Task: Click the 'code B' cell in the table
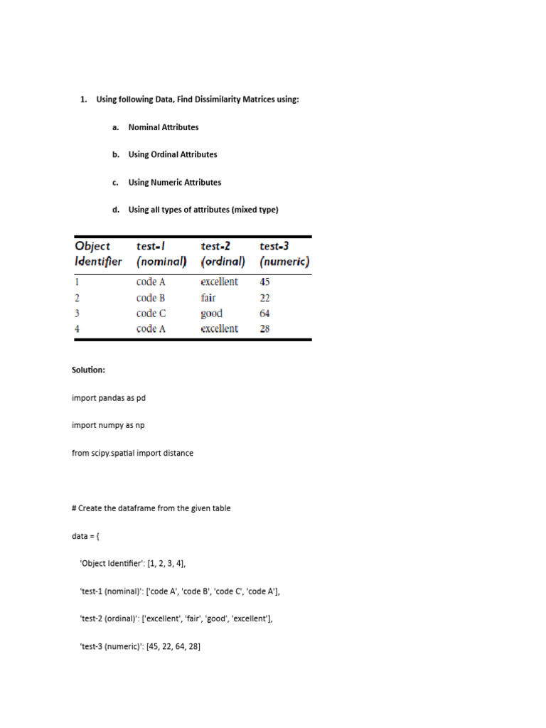[x=151, y=298]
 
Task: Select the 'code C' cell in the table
[x=151, y=314]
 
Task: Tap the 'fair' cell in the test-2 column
[x=208, y=298]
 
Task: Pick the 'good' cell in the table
[x=211, y=314]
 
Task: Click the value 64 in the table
[x=264, y=314]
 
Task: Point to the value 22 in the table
[x=264, y=298]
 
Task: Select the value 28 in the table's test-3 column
[x=264, y=329]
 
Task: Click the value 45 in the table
[x=264, y=282]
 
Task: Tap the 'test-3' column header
[x=273, y=246]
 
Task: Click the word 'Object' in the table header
[x=92, y=246]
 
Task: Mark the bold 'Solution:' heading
[x=88, y=370]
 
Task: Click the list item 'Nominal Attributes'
[x=163, y=127]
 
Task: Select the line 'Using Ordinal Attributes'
[x=172, y=154]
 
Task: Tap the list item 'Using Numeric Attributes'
[x=174, y=182]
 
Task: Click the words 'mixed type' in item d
[x=255, y=210]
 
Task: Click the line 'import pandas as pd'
[x=108, y=398]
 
